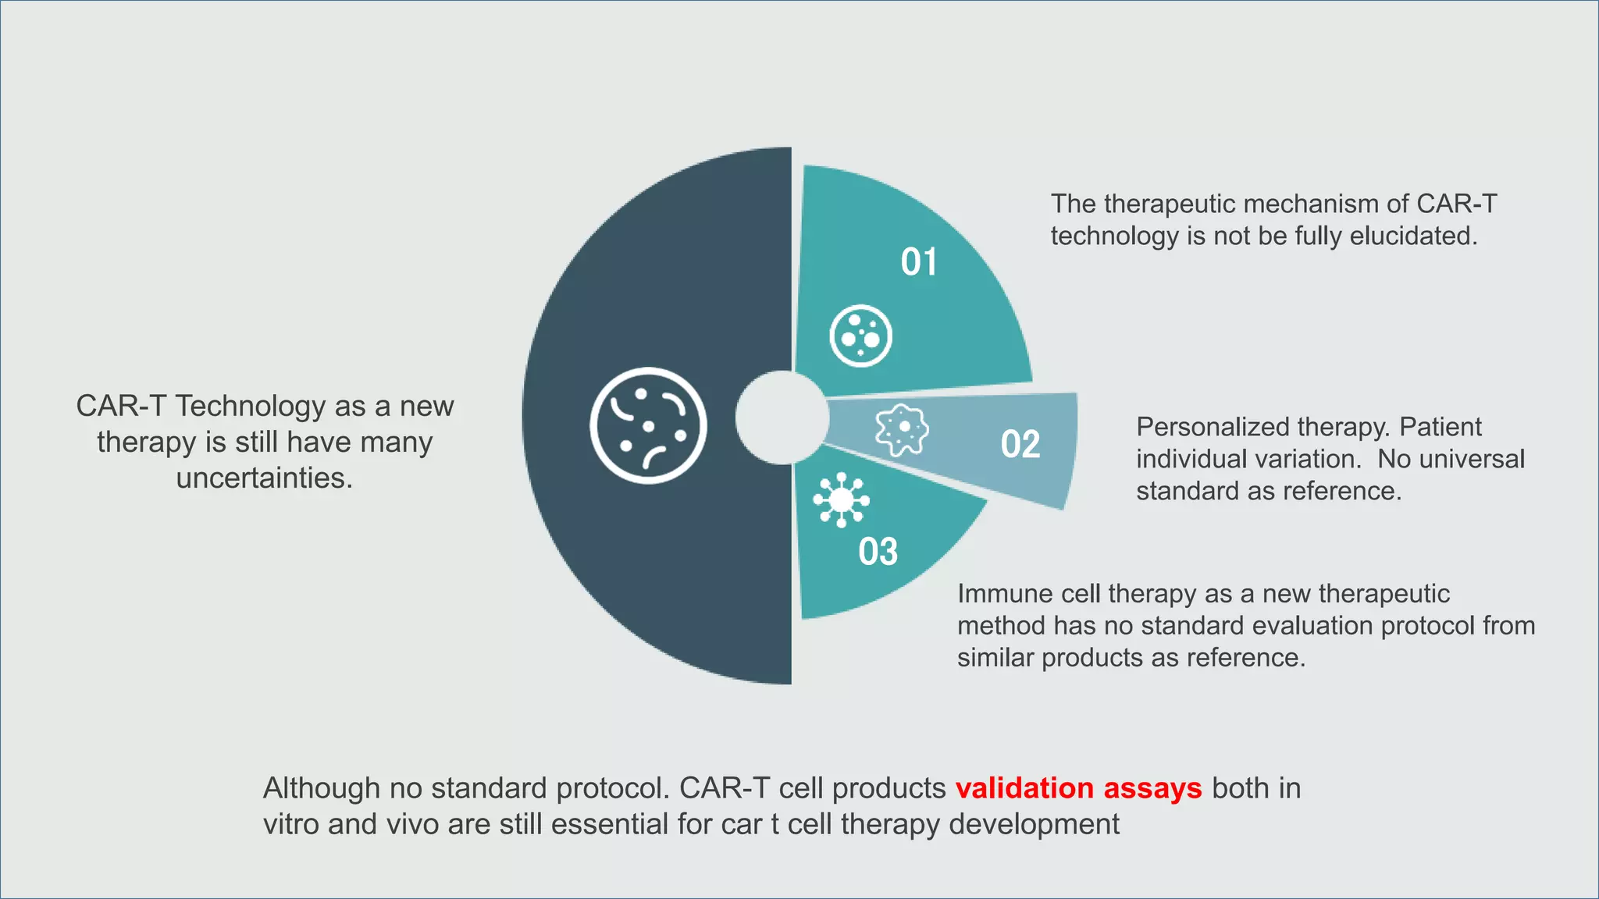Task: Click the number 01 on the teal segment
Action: (x=918, y=262)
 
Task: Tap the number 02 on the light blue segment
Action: (x=1020, y=444)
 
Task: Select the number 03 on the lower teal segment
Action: (x=878, y=552)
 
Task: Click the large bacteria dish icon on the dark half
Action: (x=648, y=425)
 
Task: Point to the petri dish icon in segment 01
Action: (x=860, y=336)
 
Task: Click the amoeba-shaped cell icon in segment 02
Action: (x=902, y=428)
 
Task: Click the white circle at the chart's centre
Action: (x=782, y=418)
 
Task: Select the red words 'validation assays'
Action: (x=1078, y=788)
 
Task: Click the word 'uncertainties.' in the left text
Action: (x=265, y=478)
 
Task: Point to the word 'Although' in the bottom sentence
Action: (x=321, y=788)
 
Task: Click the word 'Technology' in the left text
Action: (x=250, y=406)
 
